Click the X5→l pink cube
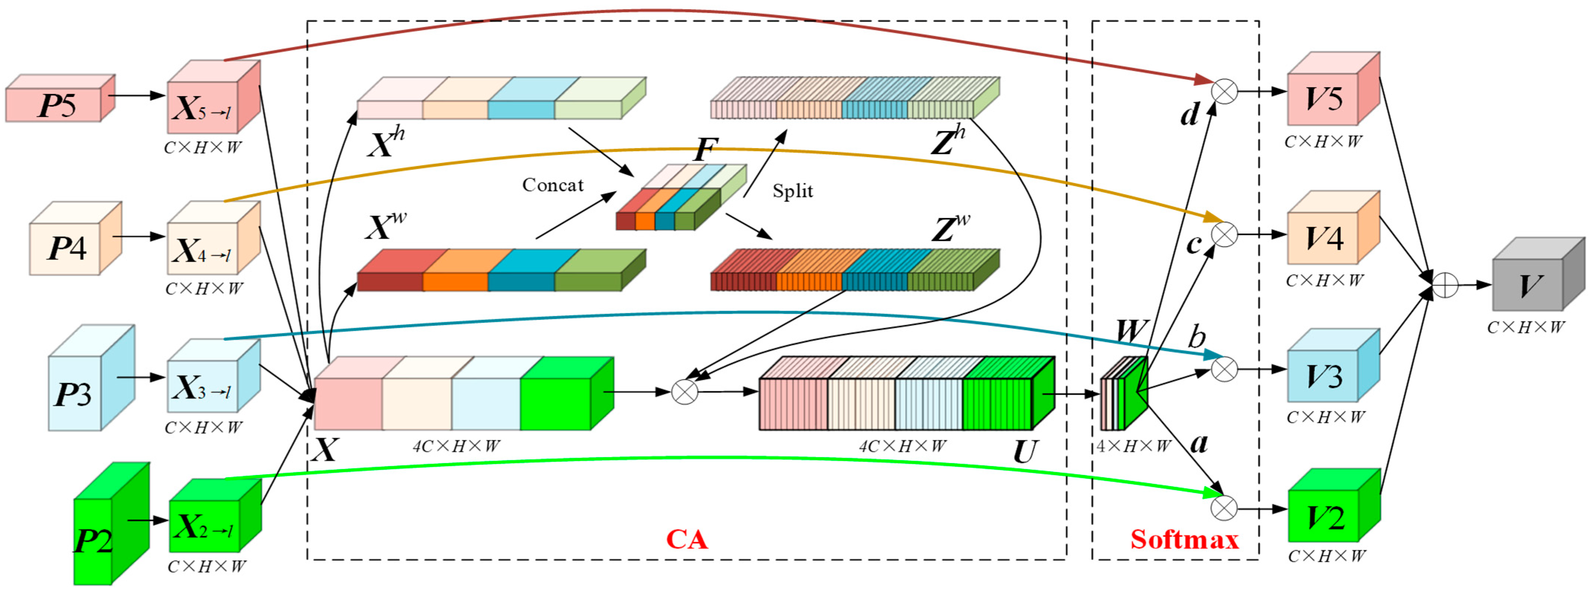[207, 102]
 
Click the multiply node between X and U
[685, 391]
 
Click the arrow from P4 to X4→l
[139, 236]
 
